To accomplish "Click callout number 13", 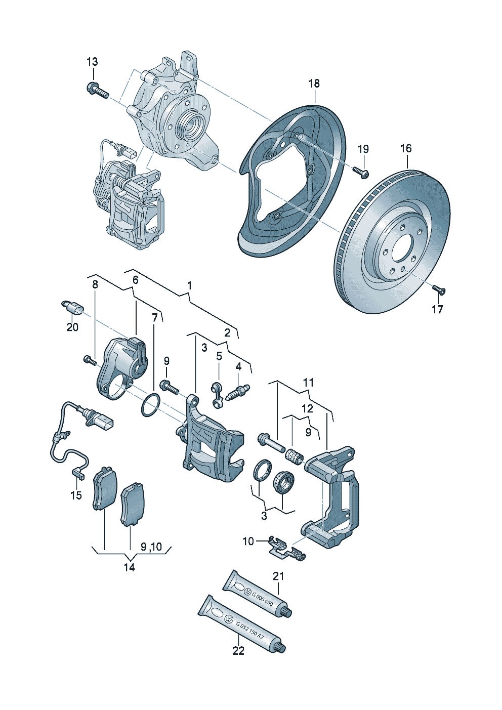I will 92,62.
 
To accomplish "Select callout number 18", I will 314,83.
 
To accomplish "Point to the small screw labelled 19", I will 362,173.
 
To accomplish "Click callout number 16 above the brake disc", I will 406,149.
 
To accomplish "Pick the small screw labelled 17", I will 439,290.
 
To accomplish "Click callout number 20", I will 72,327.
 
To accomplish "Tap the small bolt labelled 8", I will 90,360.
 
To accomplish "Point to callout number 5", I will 219,356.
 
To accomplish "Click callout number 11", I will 309,383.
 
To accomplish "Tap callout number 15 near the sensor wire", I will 76,495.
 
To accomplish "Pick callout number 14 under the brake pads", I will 130,567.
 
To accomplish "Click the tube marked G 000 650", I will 256,594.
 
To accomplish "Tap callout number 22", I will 238,651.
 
